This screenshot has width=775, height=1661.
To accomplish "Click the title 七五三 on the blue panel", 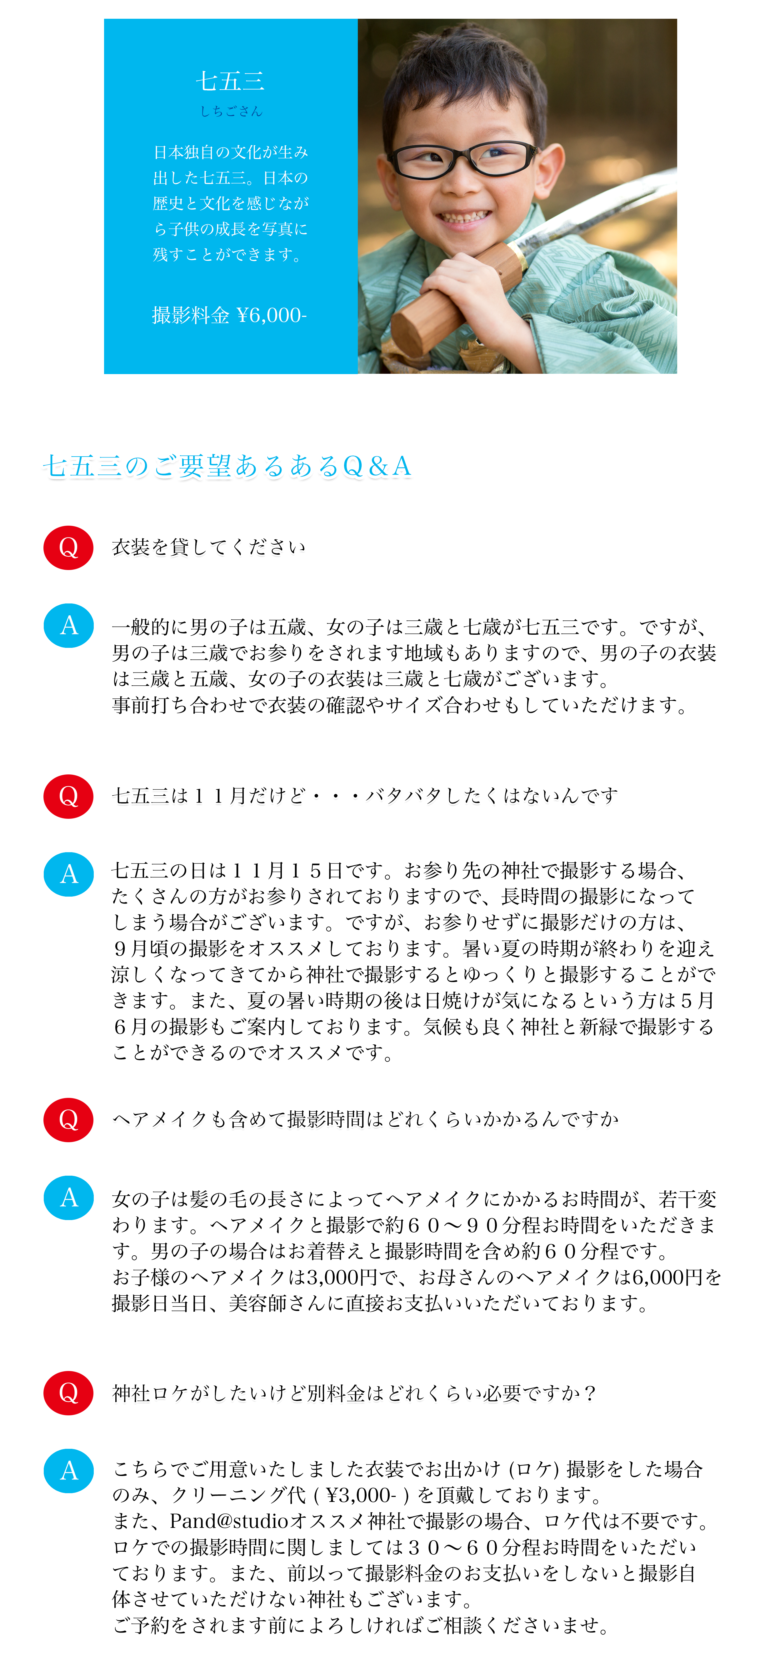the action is click(x=230, y=81).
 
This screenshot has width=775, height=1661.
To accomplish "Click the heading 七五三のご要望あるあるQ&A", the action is click(x=227, y=466).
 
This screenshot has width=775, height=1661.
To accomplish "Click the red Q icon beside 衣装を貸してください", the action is click(x=68, y=548).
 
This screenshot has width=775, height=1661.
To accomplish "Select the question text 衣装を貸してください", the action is click(x=208, y=548).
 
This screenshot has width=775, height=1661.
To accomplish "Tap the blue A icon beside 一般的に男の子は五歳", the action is click(x=68, y=625).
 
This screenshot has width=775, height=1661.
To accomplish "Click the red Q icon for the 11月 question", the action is click(x=68, y=796).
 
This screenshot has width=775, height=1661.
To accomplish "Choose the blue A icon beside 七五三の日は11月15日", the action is click(x=68, y=874).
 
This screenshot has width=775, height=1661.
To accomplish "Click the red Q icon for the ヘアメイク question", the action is click(x=68, y=1120).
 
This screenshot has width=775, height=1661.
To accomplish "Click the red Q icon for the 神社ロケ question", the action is click(x=68, y=1393).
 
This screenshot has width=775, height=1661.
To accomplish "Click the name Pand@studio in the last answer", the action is click(x=229, y=1521).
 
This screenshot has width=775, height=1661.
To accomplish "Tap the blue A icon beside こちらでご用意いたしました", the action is click(x=68, y=1471).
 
